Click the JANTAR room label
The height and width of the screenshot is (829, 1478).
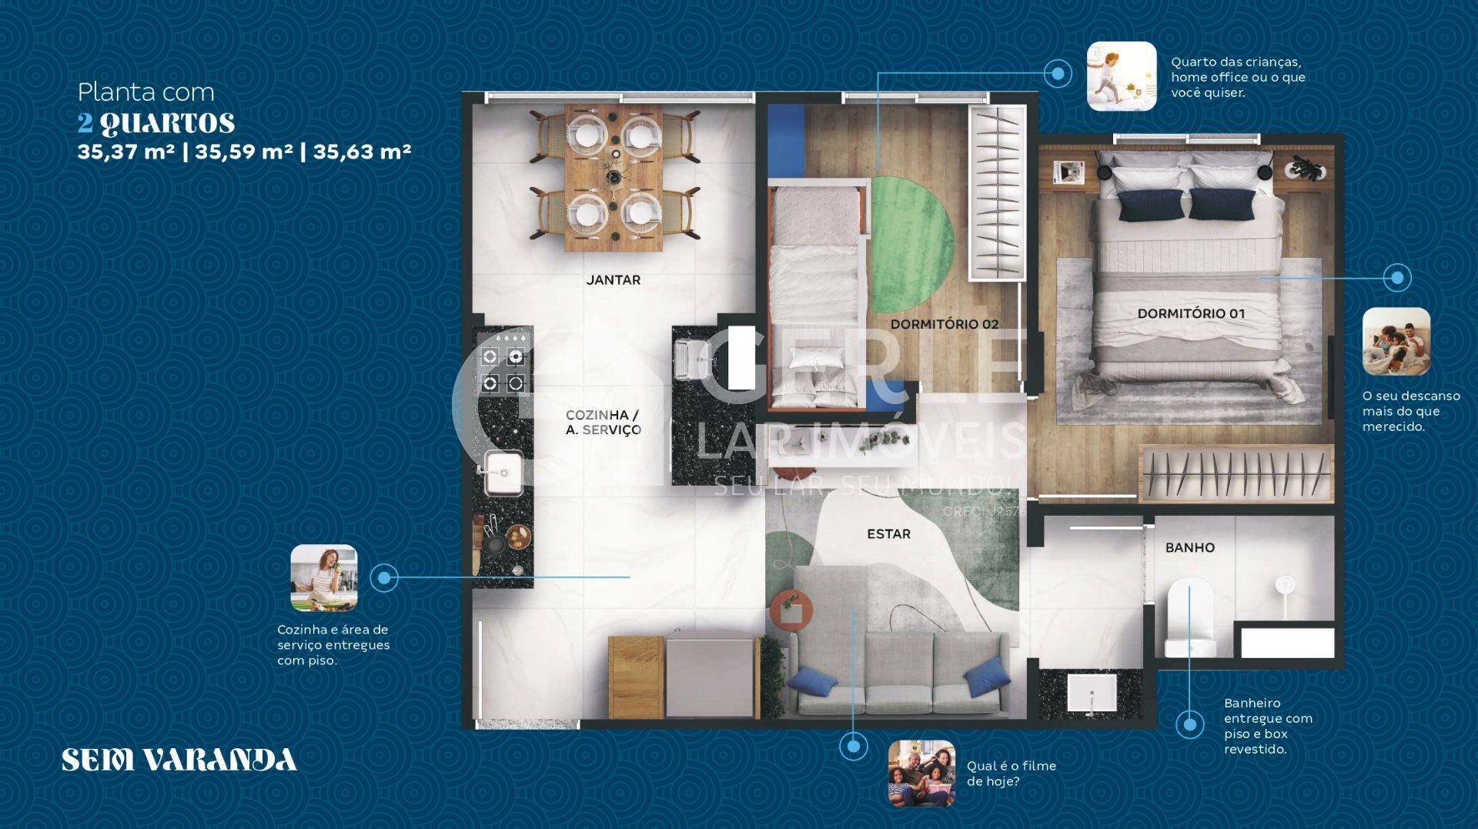pos(613,280)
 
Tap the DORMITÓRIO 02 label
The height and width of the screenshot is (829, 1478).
pos(945,324)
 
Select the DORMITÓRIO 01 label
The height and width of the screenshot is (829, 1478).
pos(1191,313)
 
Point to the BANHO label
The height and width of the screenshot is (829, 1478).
pos(1189,547)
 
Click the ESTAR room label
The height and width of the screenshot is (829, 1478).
pos(888,533)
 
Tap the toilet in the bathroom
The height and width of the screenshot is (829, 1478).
pos(1190,617)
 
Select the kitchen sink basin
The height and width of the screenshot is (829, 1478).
pos(504,470)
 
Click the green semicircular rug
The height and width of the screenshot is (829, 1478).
pos(912,244)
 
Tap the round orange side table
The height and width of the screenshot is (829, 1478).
pos(791,610)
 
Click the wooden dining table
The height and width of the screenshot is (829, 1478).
pos(614,178)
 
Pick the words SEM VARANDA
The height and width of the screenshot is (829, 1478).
pos(179,760)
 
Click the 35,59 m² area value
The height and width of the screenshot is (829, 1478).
pos(243,151)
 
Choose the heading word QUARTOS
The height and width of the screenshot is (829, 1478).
pos(167,123)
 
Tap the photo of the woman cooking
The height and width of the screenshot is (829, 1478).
pos(324,578)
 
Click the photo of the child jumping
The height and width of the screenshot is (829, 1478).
pos(1122,76)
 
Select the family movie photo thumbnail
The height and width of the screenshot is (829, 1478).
pos(921,774)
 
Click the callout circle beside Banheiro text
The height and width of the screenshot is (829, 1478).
pos(1190,724)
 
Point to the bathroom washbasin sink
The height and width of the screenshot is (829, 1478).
pos(1092,694)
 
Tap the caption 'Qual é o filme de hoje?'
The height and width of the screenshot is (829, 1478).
pos(1012,774)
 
